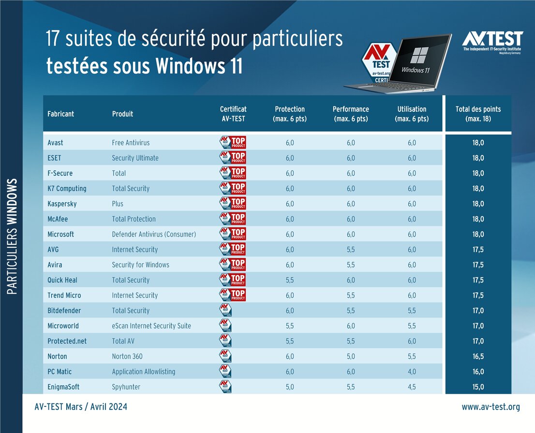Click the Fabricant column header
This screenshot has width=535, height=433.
[61, 114]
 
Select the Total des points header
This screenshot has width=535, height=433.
[478, 114]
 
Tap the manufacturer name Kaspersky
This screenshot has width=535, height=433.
[62, 204]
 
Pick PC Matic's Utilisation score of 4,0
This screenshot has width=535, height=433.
[412, 372]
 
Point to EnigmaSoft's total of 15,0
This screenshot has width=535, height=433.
[478, 387]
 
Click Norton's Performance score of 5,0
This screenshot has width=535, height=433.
[351, 357]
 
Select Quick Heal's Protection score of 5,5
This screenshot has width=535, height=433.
[290, 280]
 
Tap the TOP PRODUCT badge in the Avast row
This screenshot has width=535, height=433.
[233, 143]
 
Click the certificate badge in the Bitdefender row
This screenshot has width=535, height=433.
[225, 311]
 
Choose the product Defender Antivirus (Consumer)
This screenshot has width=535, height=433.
[154, 234]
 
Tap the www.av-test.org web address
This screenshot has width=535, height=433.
[490, 407]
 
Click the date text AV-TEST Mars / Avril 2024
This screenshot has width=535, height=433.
[81, 407]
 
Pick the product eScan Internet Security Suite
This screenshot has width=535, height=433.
[151, 326]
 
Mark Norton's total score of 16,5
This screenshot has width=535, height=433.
[478, 357]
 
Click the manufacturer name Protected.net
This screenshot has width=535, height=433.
[67, 341]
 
